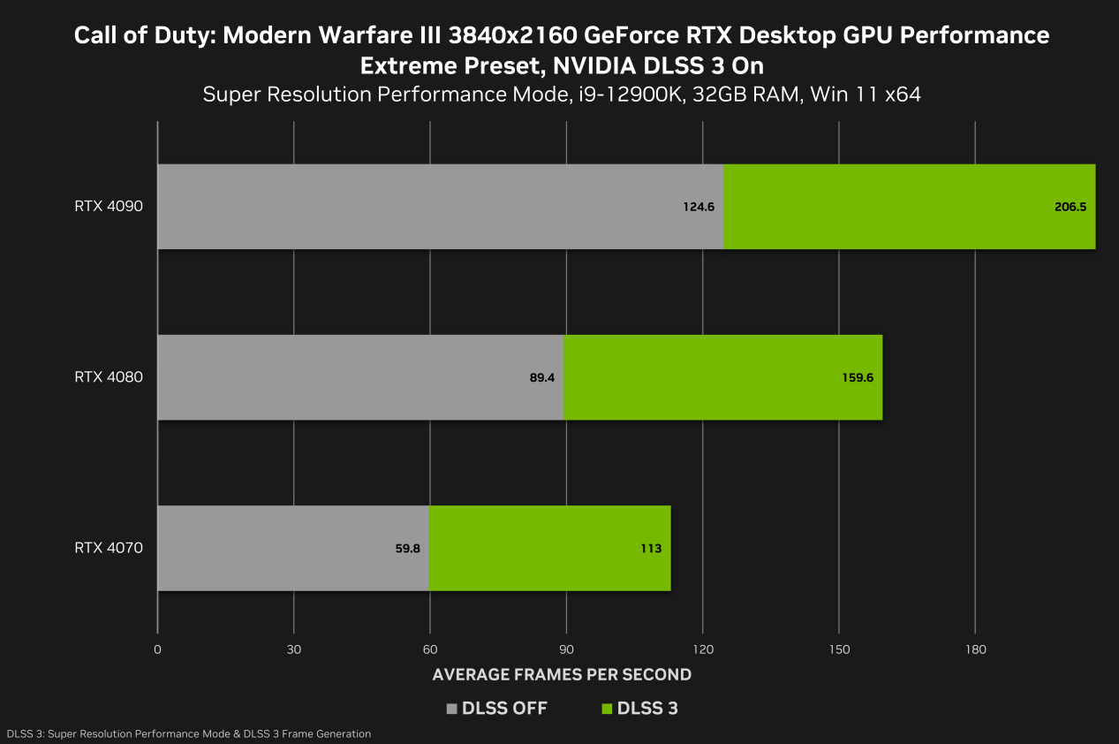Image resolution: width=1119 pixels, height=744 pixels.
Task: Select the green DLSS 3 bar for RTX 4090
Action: pyautogui.click(x=910, y=207)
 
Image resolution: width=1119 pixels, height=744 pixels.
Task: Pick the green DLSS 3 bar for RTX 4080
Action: pyautogui.click(x=722, y=377)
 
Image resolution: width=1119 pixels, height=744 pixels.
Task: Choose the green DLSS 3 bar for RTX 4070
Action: pyautogui.click(x=549, y=548)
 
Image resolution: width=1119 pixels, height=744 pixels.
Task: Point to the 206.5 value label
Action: pyautogui.click(x=1070, y=207)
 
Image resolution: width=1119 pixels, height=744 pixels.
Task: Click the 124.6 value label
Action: pyautogui.click(x=698, y=207)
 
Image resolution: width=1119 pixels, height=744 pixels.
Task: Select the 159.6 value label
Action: pyautogui.click(x=857, y=377)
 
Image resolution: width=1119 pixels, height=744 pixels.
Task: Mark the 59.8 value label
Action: pyautogui.click(x=407, y=548)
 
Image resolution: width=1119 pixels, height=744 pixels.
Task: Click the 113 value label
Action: pyautogui.click(x=651, y=548)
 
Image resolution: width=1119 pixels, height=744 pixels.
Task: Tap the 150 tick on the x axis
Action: pyautogui.click(x=839, y=650)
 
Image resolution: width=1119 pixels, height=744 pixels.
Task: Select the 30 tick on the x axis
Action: pyautogui.click(x=294, y=650)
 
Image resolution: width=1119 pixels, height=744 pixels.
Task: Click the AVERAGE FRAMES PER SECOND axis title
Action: pyautogui.click(x=562, y=674)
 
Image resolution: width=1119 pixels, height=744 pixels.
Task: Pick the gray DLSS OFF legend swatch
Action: pyautogui.click(x=453, y=709)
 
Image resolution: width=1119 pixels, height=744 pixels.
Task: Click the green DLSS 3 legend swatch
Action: pyautogui.click(x=607, y=709)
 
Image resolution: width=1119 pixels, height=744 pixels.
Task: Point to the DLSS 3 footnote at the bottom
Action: pyautogui.click(x=188, y=734)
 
